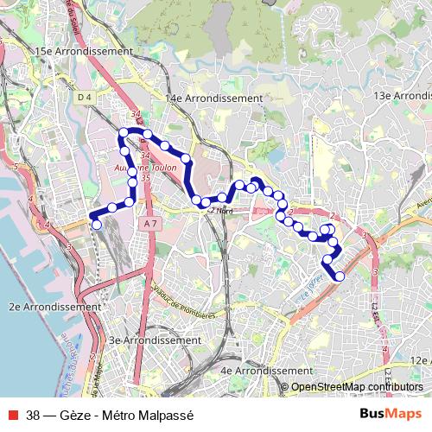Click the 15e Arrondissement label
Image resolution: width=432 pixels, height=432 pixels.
[x=83, y=52]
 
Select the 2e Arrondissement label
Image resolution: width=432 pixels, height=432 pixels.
[x=54, y=307]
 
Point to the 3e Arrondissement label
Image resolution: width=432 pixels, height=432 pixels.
[x=155, y=340]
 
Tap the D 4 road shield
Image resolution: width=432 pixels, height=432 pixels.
[x=84, y=98]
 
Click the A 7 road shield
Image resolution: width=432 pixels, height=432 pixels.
[x=151, y=224]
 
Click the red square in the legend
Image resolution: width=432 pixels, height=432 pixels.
[x=11, y=415]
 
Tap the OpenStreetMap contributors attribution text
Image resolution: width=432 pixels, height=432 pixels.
[x=356, y=387]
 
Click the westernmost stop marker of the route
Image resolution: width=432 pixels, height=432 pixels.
[x=97, y=225]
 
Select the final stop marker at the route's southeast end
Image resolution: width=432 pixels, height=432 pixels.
[x=340, y=276]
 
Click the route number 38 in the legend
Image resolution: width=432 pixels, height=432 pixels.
[x=34, y=415]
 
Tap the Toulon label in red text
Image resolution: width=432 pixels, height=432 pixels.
[x=162, y=168]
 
